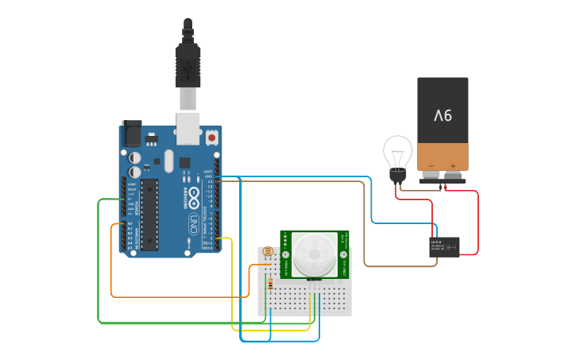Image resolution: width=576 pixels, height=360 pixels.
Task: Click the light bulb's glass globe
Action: pyautogui.click(x=398, y=151)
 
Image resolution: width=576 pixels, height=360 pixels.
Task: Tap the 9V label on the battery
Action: pyautogui.click(x=443, y=115)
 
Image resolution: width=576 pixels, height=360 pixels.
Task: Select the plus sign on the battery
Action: pyautogui.click(x=453, y=166)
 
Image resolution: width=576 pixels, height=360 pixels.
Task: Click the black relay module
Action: pyautogui.click(x=444, y=246)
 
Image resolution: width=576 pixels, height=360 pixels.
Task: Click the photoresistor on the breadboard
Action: pyautogui.click(x=268, y=255)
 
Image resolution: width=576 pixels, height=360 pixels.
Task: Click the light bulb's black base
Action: pyautogui.click(x=396, y=174)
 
